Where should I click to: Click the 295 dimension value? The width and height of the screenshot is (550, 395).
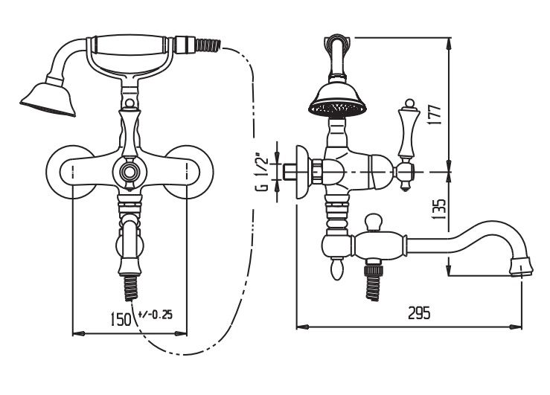(x=419, y=312)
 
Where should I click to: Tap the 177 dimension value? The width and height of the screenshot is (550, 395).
(x=434, y=115)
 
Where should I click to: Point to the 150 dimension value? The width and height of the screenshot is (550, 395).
(x=121, y=319)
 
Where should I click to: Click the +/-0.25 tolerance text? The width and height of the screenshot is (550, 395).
(x=156, y=315)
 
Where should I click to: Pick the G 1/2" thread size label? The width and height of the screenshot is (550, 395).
(x=262, y=172)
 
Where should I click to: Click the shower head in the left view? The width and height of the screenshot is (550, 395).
(x=48, y=98)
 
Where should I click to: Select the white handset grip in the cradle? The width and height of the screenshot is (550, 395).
(x=130, y=45)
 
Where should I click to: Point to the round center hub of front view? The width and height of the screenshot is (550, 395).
(x=129, y=172)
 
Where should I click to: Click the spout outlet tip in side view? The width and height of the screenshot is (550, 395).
(x=522, y=268)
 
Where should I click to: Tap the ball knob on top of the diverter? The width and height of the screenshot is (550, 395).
(x=373, y=222)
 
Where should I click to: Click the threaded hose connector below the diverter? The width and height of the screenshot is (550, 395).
(x=373, y=281)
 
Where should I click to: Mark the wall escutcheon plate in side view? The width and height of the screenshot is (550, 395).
(x=302, y=172)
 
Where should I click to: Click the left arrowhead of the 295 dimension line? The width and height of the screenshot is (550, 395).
(x=302, y=327)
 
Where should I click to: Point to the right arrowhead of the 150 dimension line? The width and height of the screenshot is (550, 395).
(x=181, y=333)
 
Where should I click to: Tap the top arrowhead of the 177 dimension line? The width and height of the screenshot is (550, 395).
(x=449, y=43)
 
